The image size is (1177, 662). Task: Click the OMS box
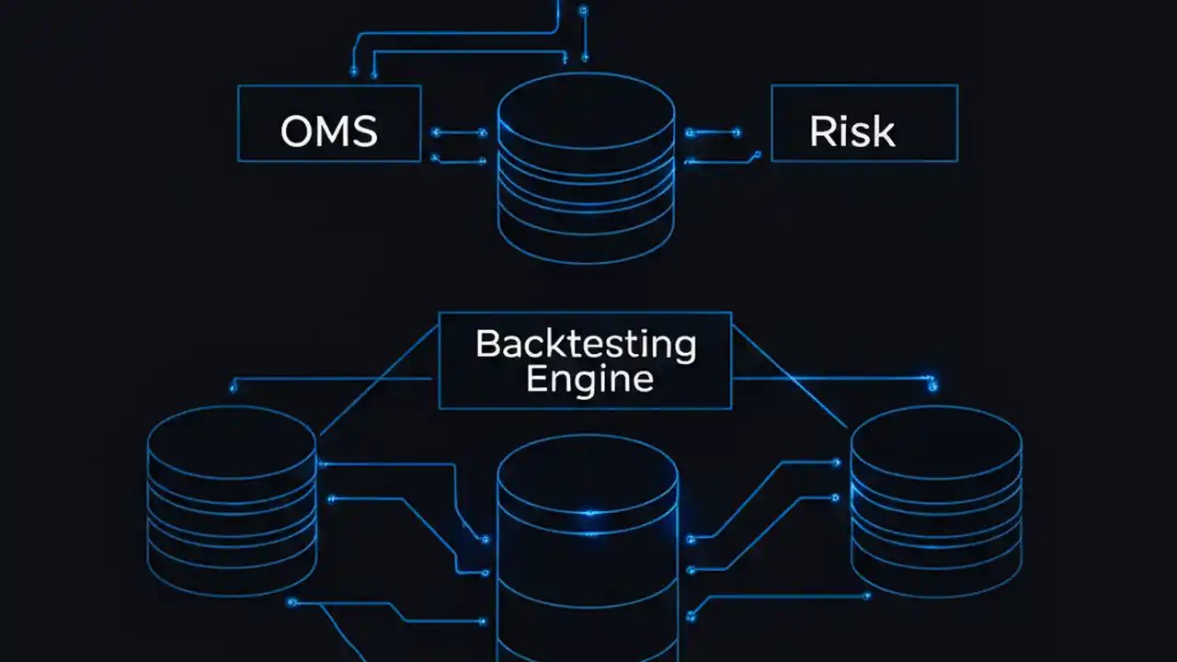[x=329, y=123]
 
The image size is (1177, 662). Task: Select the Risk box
[x=864, y=123]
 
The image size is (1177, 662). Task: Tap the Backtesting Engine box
[x=585, y=360]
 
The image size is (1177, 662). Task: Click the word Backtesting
[x=586, y=345]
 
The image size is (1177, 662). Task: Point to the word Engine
[x=589, y=379]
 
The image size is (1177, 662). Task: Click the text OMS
[x=328, y=131]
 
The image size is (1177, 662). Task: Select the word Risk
[x=851, y=131]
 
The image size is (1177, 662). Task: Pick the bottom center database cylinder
[x=588, y=561]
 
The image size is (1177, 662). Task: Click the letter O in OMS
[x=296, y=131]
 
